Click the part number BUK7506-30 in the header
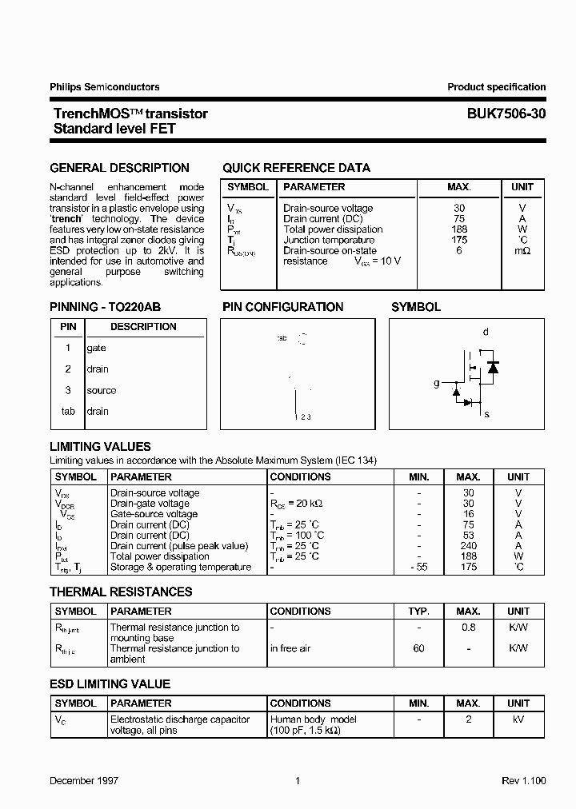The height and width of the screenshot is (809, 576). coord(506,114)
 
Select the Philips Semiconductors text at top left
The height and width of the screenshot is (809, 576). coord(105,87)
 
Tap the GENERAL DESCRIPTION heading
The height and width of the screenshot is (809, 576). coord(120,168)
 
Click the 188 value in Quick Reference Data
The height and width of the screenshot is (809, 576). coord(458,229)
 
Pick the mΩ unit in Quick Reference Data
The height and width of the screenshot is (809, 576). coord(522,251)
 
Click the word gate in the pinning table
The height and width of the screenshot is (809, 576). coord(96,348)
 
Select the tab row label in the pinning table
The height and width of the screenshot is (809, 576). coord(68,412)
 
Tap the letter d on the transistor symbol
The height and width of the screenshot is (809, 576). coord(486,332)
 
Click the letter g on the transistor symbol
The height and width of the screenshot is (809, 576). coord(437,384)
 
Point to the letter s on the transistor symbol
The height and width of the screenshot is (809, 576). coord(486,414)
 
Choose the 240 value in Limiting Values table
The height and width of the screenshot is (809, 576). coord(469,546)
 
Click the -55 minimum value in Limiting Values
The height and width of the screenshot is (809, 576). coord(418,567)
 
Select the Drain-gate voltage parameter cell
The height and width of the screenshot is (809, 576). coord(150,504)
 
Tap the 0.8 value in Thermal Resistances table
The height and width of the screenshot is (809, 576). coord(469,628)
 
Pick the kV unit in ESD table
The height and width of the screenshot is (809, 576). coord(518,719)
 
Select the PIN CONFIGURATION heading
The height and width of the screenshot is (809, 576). coord(282,307)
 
